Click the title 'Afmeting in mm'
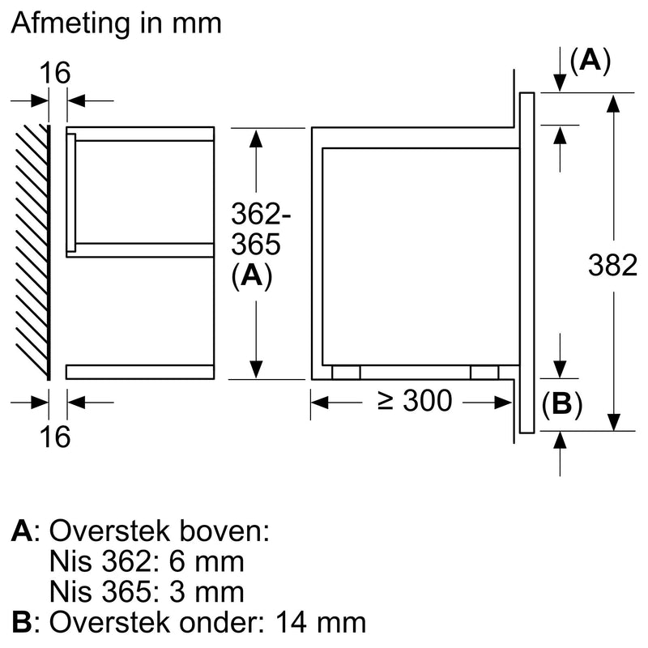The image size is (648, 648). [x=116, y=23]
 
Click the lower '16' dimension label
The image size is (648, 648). [x=56, y=437]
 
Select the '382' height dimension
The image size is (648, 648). [x=612, y=266]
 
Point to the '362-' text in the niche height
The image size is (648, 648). [x=260, y=215]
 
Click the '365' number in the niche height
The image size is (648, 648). [x=255, y=245]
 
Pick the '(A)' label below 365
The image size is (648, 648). [x=251, y=276]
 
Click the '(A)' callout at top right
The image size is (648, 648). [x=590, y=62]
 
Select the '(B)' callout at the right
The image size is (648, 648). [x=561, y=403]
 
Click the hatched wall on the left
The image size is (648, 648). [x=33, y=251]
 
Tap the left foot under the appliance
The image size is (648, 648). [x=346, y=371]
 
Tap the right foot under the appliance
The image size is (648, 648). [x=484, y=371]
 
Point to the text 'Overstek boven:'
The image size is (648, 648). [x=159, y=531]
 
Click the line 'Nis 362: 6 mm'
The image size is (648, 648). [x=147, y=561]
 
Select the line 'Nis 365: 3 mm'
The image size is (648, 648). [x=147, y=590]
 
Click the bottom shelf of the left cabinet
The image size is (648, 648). [x=139, y=372]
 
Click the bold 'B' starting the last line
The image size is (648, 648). [x=22, y=621]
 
